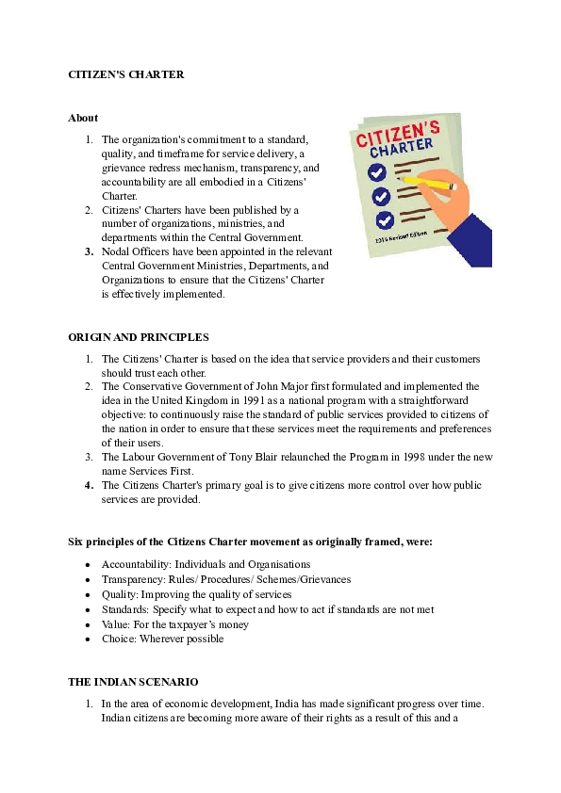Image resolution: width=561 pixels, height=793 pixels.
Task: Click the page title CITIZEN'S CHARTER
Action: click(x=125, y=74)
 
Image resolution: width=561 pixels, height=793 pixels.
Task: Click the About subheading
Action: click(x=83, y=118)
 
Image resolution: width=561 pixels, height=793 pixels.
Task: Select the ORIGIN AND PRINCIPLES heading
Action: click(x=139, y=337)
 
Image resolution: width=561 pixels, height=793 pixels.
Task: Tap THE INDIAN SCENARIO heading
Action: click(x=133, y=681)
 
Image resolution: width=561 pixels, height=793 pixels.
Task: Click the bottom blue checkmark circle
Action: click(x=385, y=220)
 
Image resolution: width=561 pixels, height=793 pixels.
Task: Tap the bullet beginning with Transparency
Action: click(x=226, y=579)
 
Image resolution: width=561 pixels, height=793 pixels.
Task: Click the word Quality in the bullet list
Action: click(x=118, y=594)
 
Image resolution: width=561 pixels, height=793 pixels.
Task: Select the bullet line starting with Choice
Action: click(x=162, y=639)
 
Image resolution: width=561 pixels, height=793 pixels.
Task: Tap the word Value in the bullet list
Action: click(x=115, y=623)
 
